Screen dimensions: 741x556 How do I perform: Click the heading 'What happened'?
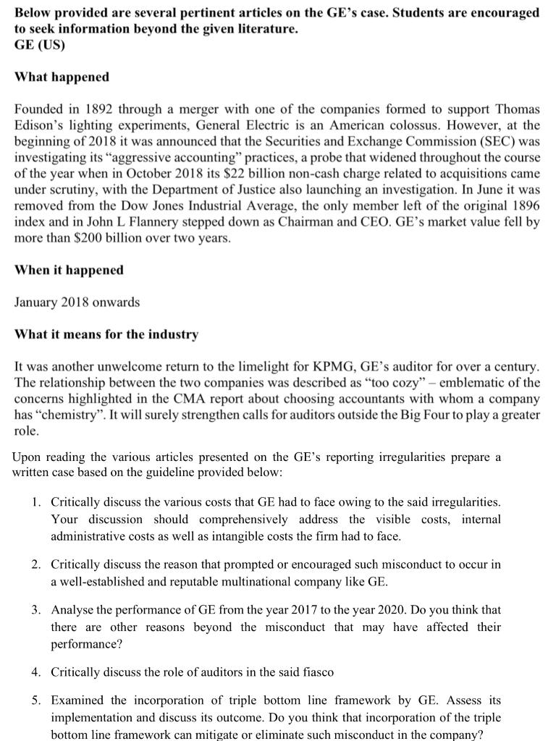(x=62, y=77)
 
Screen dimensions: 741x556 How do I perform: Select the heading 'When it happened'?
(x=69, y=270)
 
